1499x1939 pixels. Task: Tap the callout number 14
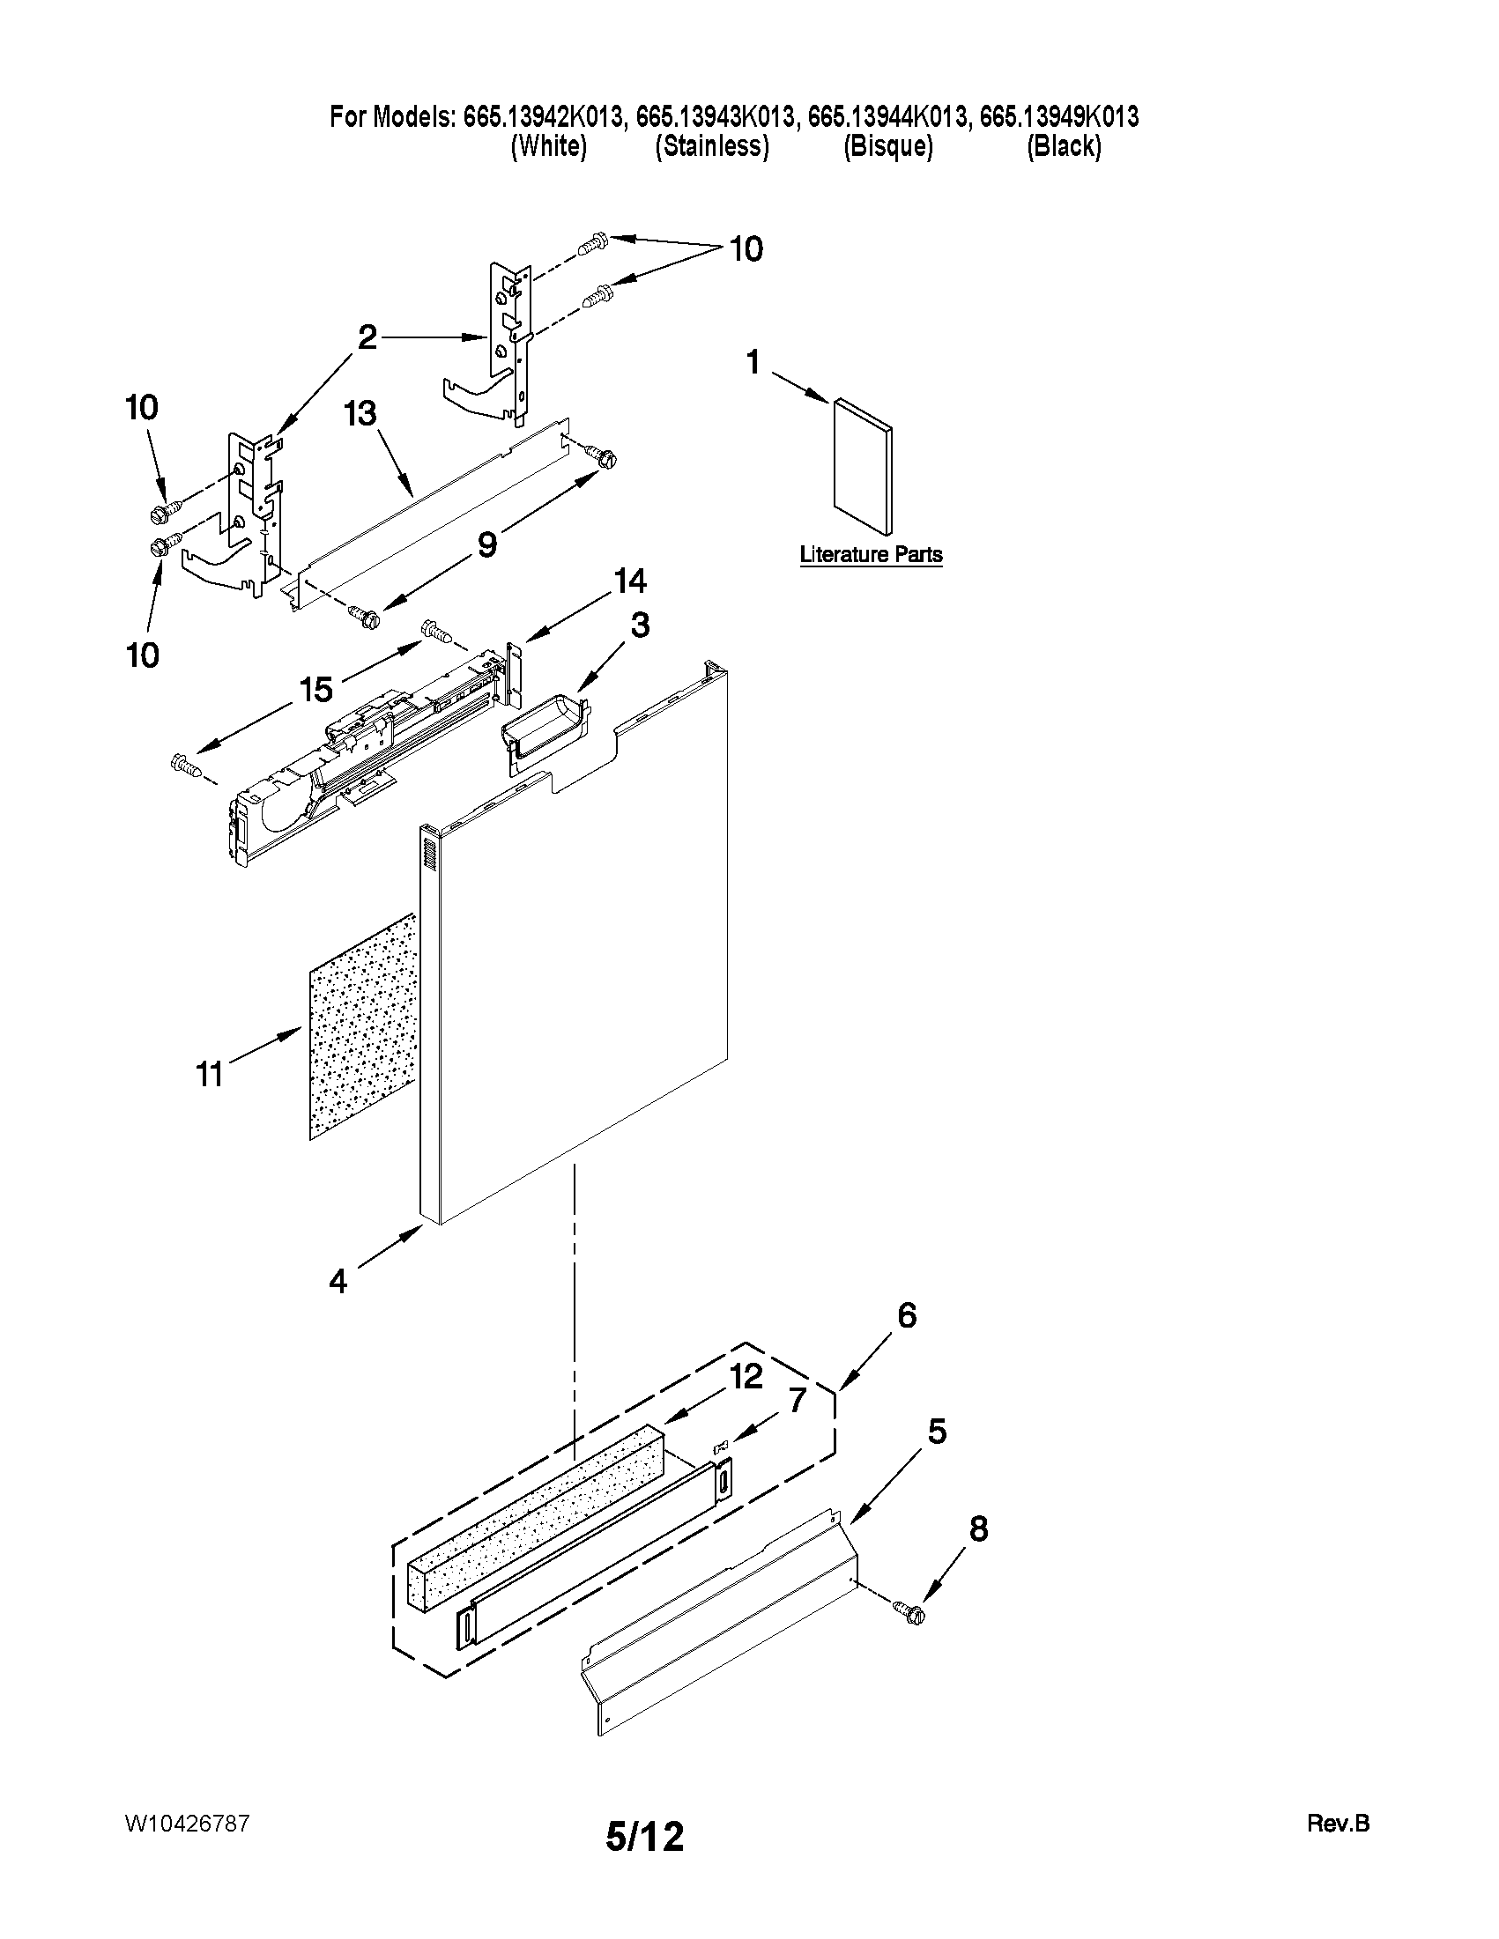[629, 581]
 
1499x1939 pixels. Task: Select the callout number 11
[210, 1074]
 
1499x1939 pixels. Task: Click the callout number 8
[976, 1528]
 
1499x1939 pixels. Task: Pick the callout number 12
[746, 1377]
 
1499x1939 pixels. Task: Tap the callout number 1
[753, 362]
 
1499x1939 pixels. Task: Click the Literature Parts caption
[871, 555]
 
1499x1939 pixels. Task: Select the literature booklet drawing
[862, 467]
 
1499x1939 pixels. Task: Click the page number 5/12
[645, 1836]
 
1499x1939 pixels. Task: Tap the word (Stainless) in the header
[711, 146]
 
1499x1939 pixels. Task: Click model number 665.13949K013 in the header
[1058, 116]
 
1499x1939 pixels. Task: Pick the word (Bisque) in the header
[888, 146]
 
